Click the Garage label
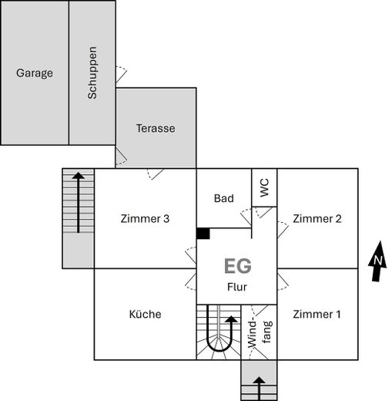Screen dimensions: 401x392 [35, 74]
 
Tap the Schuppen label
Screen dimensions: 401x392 [92, 74]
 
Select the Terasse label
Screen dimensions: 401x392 [156, 128]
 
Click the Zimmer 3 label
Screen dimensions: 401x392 [145, 218]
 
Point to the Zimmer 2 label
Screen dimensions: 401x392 [317, 218]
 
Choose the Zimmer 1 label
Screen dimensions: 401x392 [317, 314]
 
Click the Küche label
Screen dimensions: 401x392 [145, 314]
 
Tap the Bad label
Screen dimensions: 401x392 [223, 199]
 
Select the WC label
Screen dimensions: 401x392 [264, 187]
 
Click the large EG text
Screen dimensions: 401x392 [237, 267]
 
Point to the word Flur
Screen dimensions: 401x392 [236, 288]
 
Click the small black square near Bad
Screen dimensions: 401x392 [203, 233]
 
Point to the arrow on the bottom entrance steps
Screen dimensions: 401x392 [259, 385]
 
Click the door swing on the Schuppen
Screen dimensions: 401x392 [122, 75]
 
